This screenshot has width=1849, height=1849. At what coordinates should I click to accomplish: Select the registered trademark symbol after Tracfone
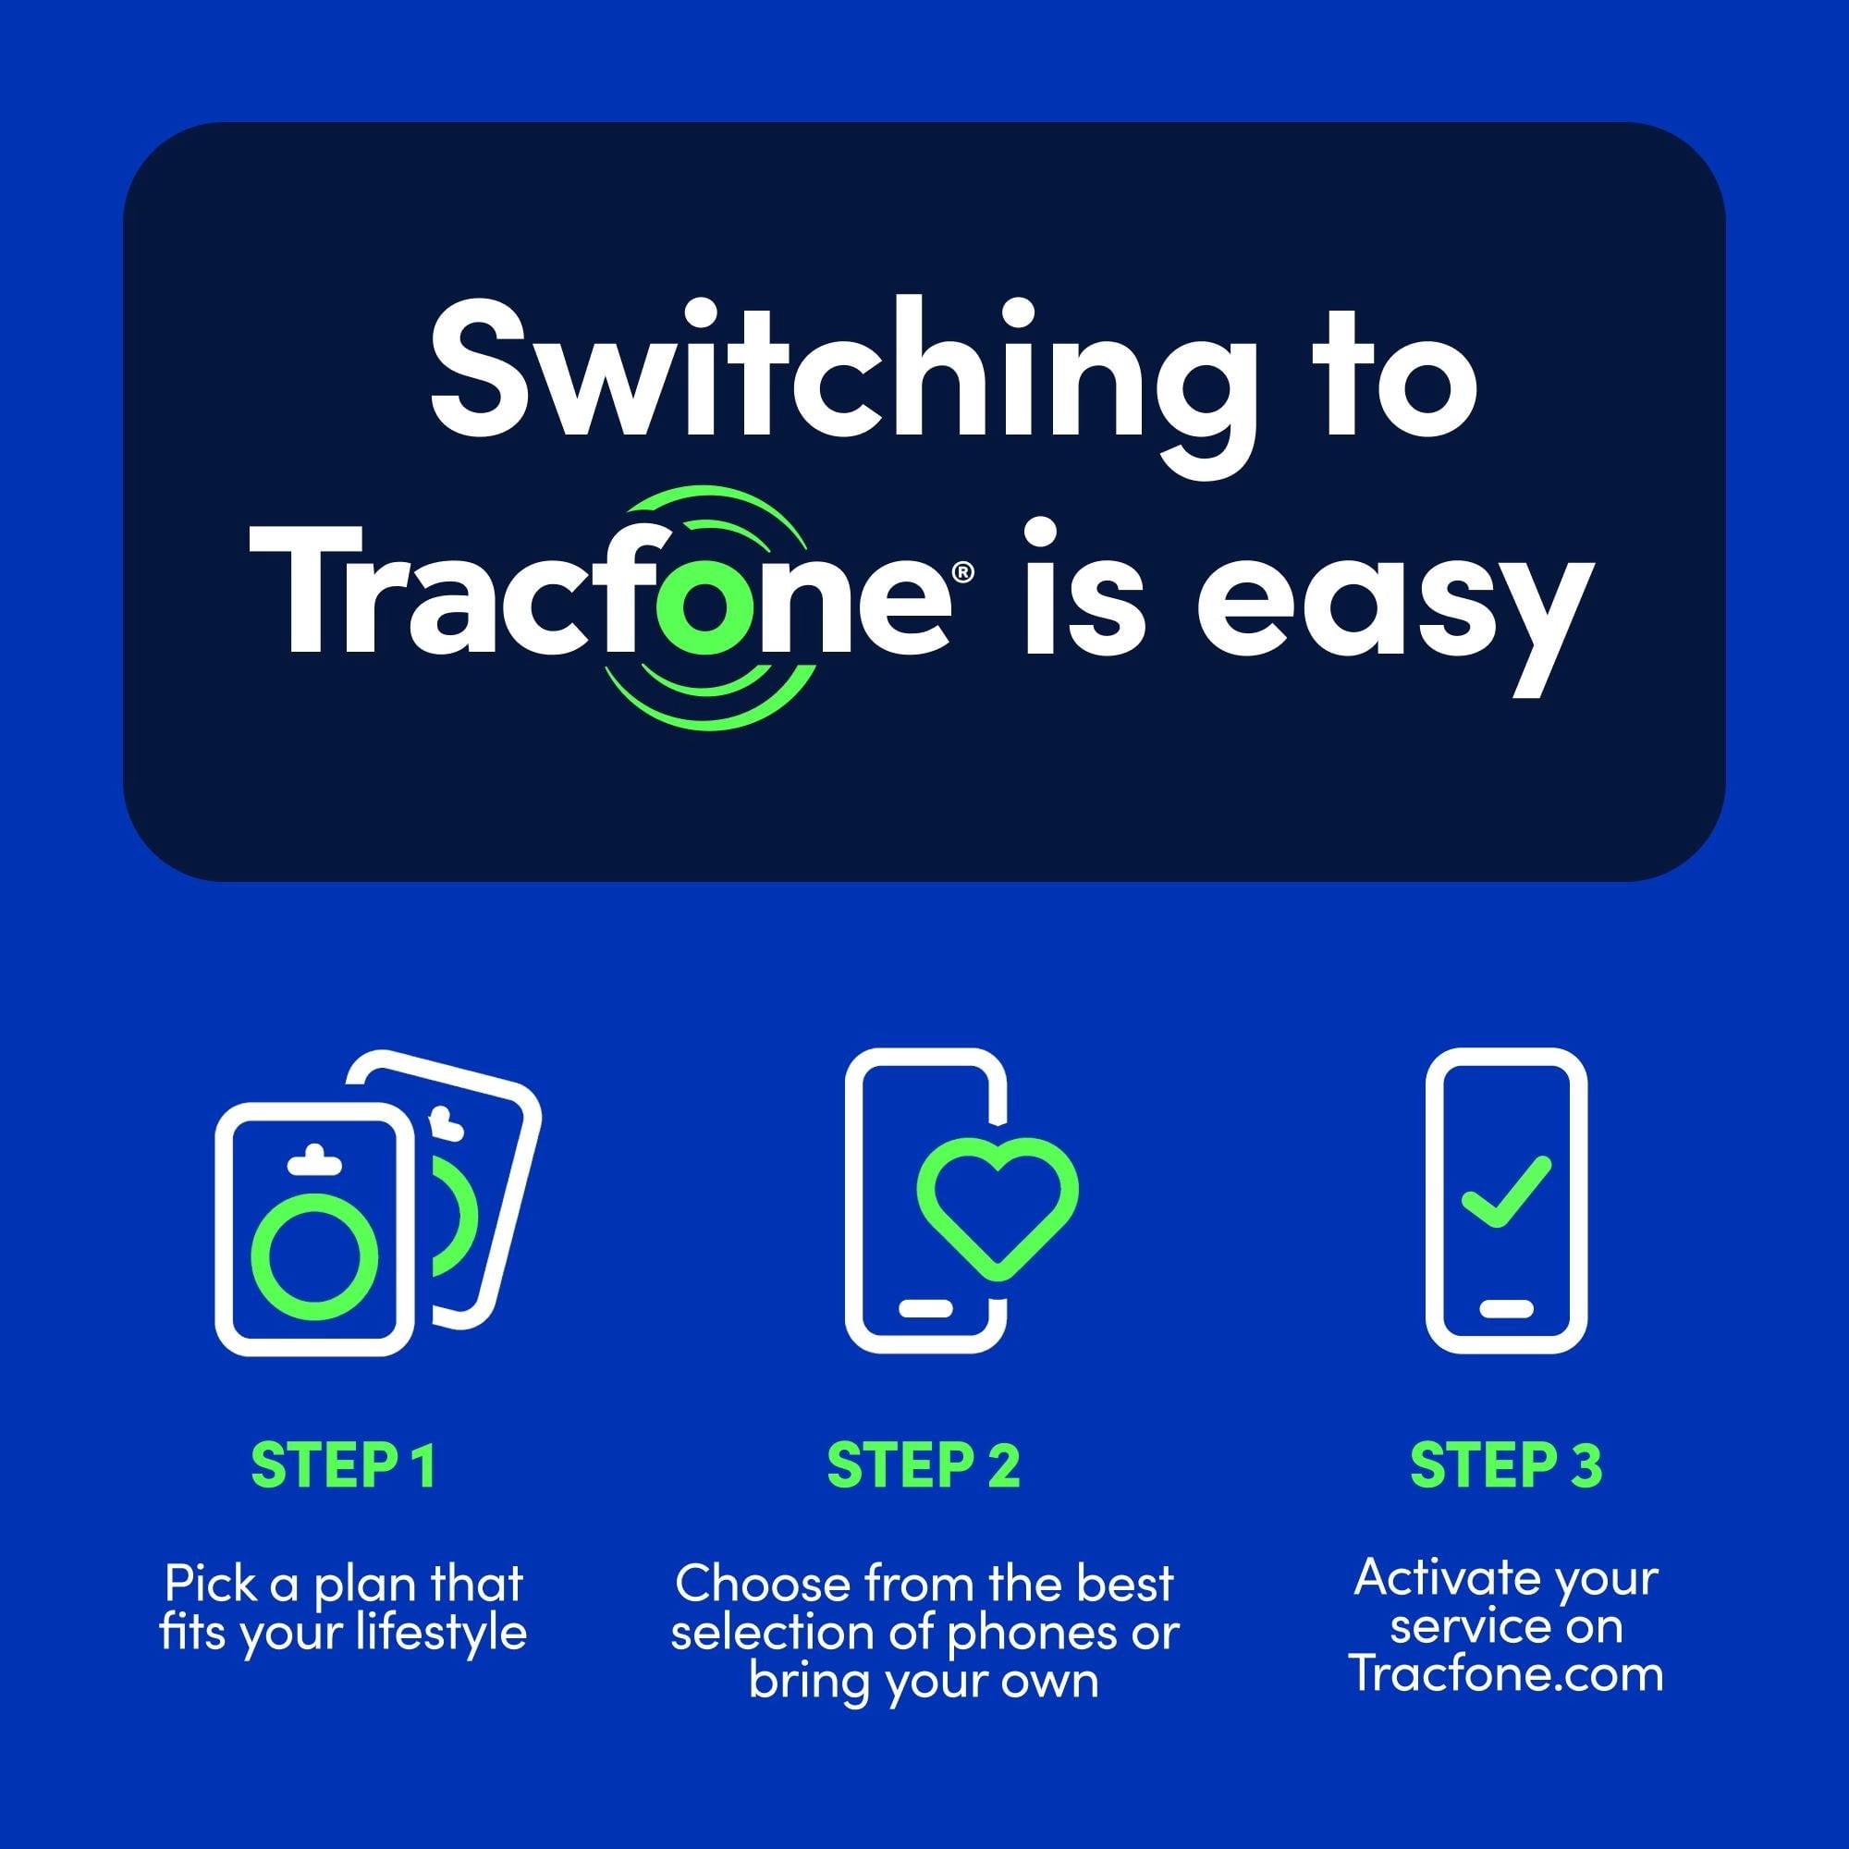coord(963,572)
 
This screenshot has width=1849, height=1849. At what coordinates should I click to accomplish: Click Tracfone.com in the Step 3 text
coord(1506,1674)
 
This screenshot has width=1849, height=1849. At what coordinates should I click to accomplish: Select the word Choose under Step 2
coord(763,1584)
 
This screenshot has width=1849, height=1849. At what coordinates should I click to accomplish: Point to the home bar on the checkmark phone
coord(1505,1309)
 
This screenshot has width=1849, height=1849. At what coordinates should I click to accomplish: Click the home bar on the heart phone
coord(925,1309)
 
